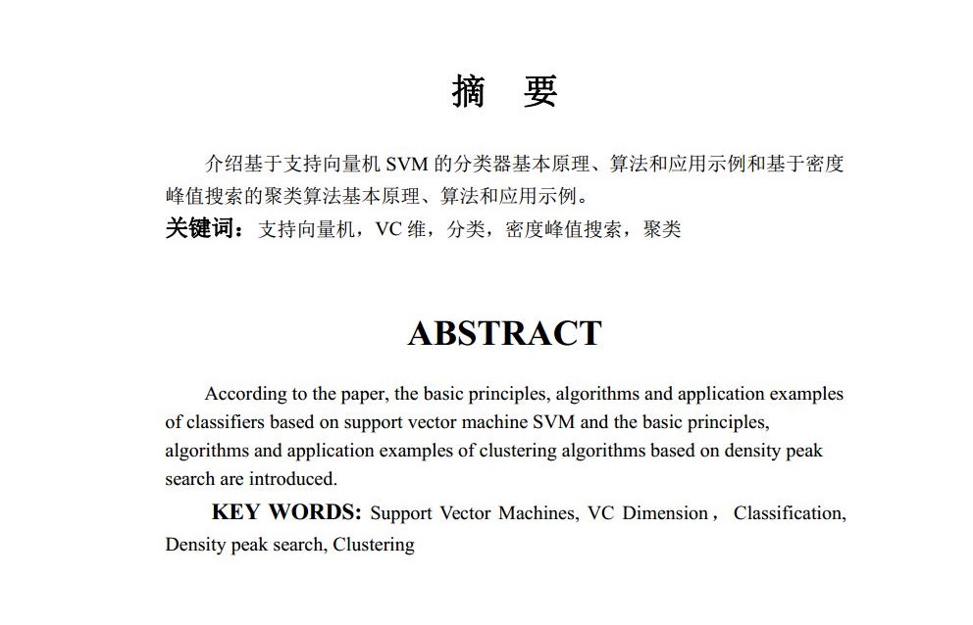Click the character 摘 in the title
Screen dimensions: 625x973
[x=469, y=91]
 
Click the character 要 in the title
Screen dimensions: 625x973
[x=539, y=91]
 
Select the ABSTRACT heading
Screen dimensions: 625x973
[x=504, y=333]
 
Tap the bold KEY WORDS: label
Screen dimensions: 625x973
[x=286, y=512]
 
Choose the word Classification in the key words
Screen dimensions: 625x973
[x=789, y=512]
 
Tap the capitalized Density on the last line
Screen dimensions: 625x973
[x=195, y=545]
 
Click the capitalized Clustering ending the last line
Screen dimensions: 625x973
[x=374, y=545]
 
